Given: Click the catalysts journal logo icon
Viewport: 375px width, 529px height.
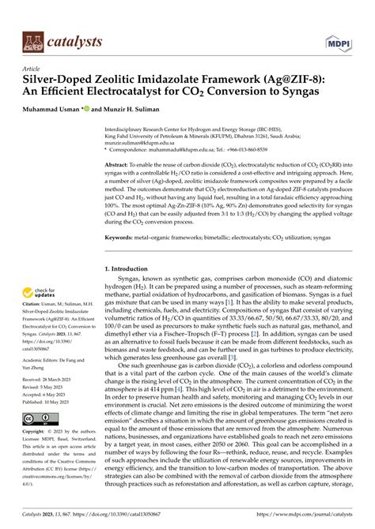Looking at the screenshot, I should [x=34, y=40].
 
